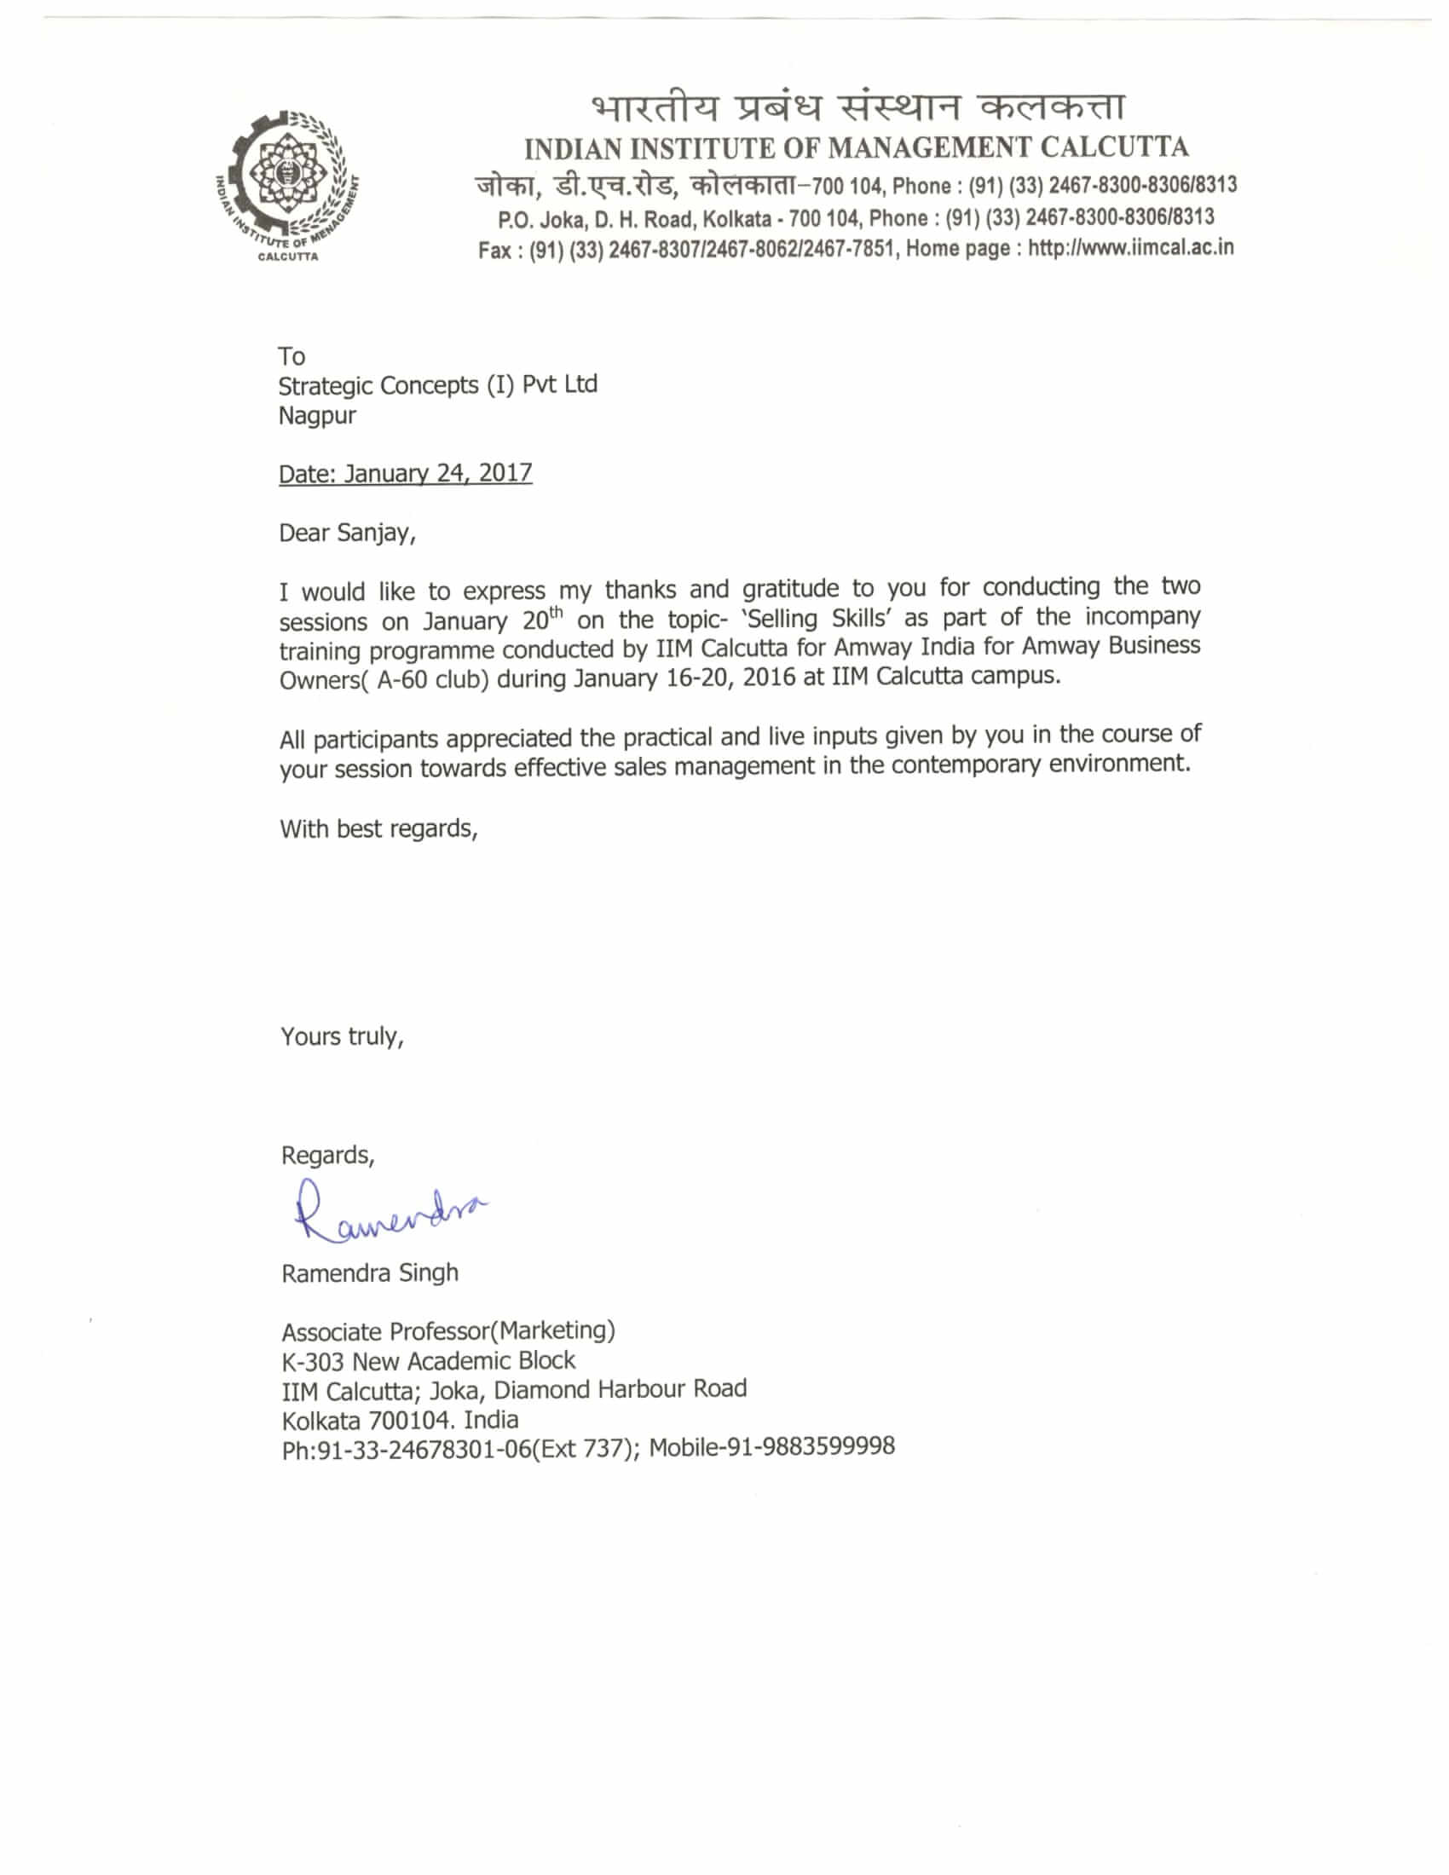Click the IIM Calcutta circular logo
pyautogui.click(x=286, y=185)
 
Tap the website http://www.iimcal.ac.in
pyautogui.click(x=1130, y=248)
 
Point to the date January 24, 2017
pyautogui.click(x=438, y=473)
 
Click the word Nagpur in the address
pyautogui.click(x=317, y=416)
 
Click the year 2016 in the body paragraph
pyautogui.click(x=769, y=678)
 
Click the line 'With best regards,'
pyautogui.click(x=378, y=828)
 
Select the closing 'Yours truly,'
pyautogui.click(x=342, y=1036)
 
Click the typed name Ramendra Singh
pyautogui.click(x=369, y=1272)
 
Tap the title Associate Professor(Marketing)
pyautogui.click(x=448, y=1330)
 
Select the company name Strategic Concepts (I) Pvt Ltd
pyautogui.click(x=437, y=385)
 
